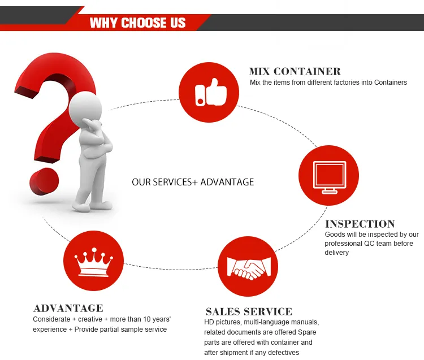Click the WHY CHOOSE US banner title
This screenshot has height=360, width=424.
pos(137,23)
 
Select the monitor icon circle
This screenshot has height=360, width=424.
pos(328,176)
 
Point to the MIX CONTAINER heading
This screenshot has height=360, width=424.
pos(295,72)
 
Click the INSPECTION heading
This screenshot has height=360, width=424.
pos(360,224)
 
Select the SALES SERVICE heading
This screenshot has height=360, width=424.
pos(249,311)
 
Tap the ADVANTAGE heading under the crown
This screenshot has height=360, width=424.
pos(68,308)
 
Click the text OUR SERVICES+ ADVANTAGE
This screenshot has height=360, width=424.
pos(193,182)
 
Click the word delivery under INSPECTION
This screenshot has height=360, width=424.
pos(336,253)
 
